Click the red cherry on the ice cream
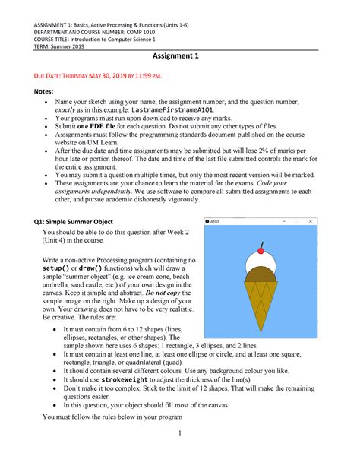pyautogui.click(x=261, y=249)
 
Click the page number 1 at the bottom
pyautogui.click(x=179, y=454)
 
